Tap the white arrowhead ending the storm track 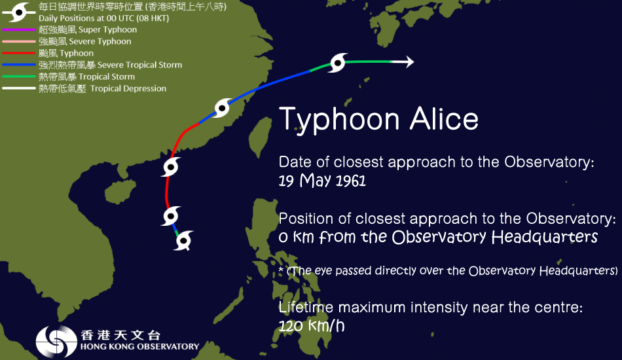coord(408,62)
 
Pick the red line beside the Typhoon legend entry coord(18,53)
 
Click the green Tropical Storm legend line coord(18,77)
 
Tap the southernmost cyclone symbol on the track coord(184,240)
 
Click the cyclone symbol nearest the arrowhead coord(337,63)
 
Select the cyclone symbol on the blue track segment coord(223,108)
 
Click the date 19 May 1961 coord(322,181)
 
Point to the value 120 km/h coord(311,325)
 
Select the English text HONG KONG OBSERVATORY coord(139,347)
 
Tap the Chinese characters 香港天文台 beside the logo coord(120,334)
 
